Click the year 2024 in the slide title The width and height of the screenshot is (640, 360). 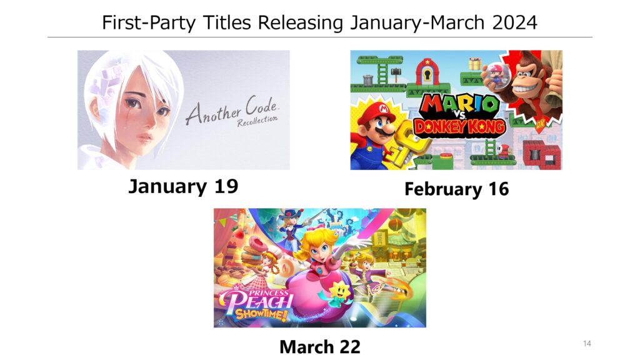pos(514,22)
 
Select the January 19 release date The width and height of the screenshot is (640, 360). pos(183,186)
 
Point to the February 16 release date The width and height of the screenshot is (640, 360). pos(456,189)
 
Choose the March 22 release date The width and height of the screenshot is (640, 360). pos(320,347)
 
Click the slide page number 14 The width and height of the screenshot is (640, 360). pos(587,343)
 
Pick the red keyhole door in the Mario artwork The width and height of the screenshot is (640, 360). pos(427,72)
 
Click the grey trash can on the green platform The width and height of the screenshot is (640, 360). pos(367,80)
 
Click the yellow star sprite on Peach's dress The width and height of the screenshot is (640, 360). pos(338,291)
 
